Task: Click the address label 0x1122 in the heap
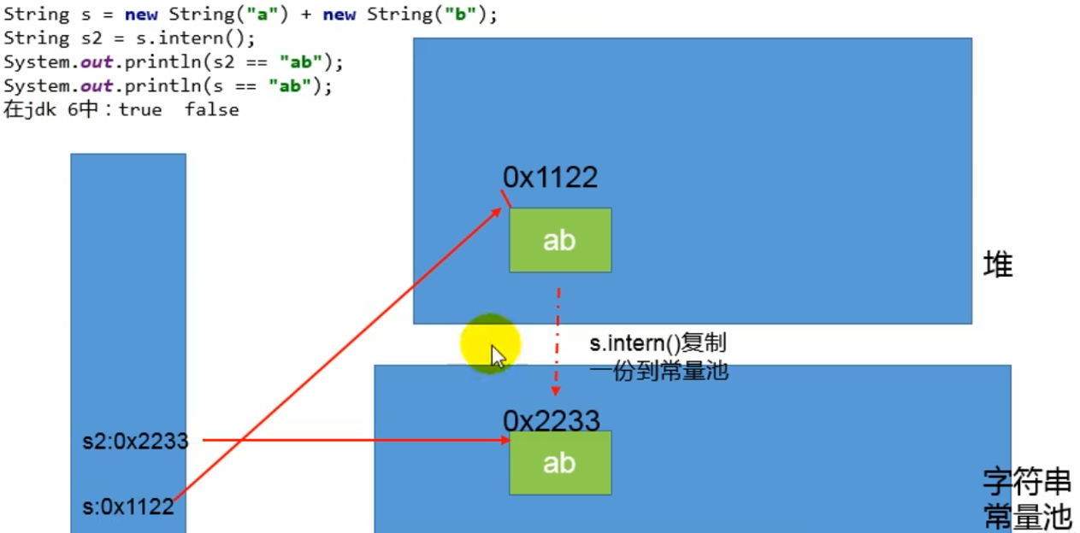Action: pos(550,177)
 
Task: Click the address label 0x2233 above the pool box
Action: pos(551,420)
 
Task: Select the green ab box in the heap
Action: pos(560,240)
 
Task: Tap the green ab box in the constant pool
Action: pos(560,463)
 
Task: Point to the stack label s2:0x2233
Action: pos(134,442)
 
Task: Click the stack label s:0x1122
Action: pos(128,507)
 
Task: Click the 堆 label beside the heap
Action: pos(998,266)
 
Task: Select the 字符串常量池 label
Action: pos(1027,499)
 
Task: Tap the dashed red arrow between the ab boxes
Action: pos(557,342)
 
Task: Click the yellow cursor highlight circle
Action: pos(490,343)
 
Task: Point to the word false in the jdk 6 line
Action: pos(211,109)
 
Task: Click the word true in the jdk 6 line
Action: pos(140,109)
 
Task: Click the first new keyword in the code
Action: pos(140,15)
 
